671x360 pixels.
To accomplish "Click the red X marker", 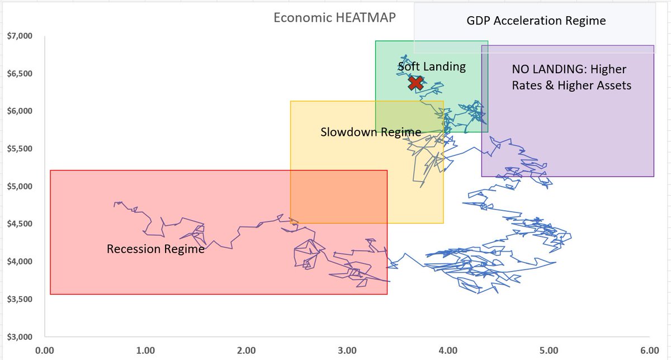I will [x=415, y=83].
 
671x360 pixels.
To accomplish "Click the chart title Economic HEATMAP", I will [x=334, y=17].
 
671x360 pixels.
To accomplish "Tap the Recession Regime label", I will [x=155, y=249].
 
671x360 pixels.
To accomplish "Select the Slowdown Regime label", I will [x=371, y=132].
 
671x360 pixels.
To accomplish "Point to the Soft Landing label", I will [x=432, y=67].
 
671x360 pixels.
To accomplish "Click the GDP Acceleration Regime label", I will [x=536, y=21].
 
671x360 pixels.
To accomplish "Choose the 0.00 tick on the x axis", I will [x=44, y=351].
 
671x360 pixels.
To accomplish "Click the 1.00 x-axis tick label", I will [x=145, y=351].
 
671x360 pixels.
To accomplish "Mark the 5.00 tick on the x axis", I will [x=549, y=351].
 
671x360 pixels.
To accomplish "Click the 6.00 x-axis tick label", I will [x=650, y=351].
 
